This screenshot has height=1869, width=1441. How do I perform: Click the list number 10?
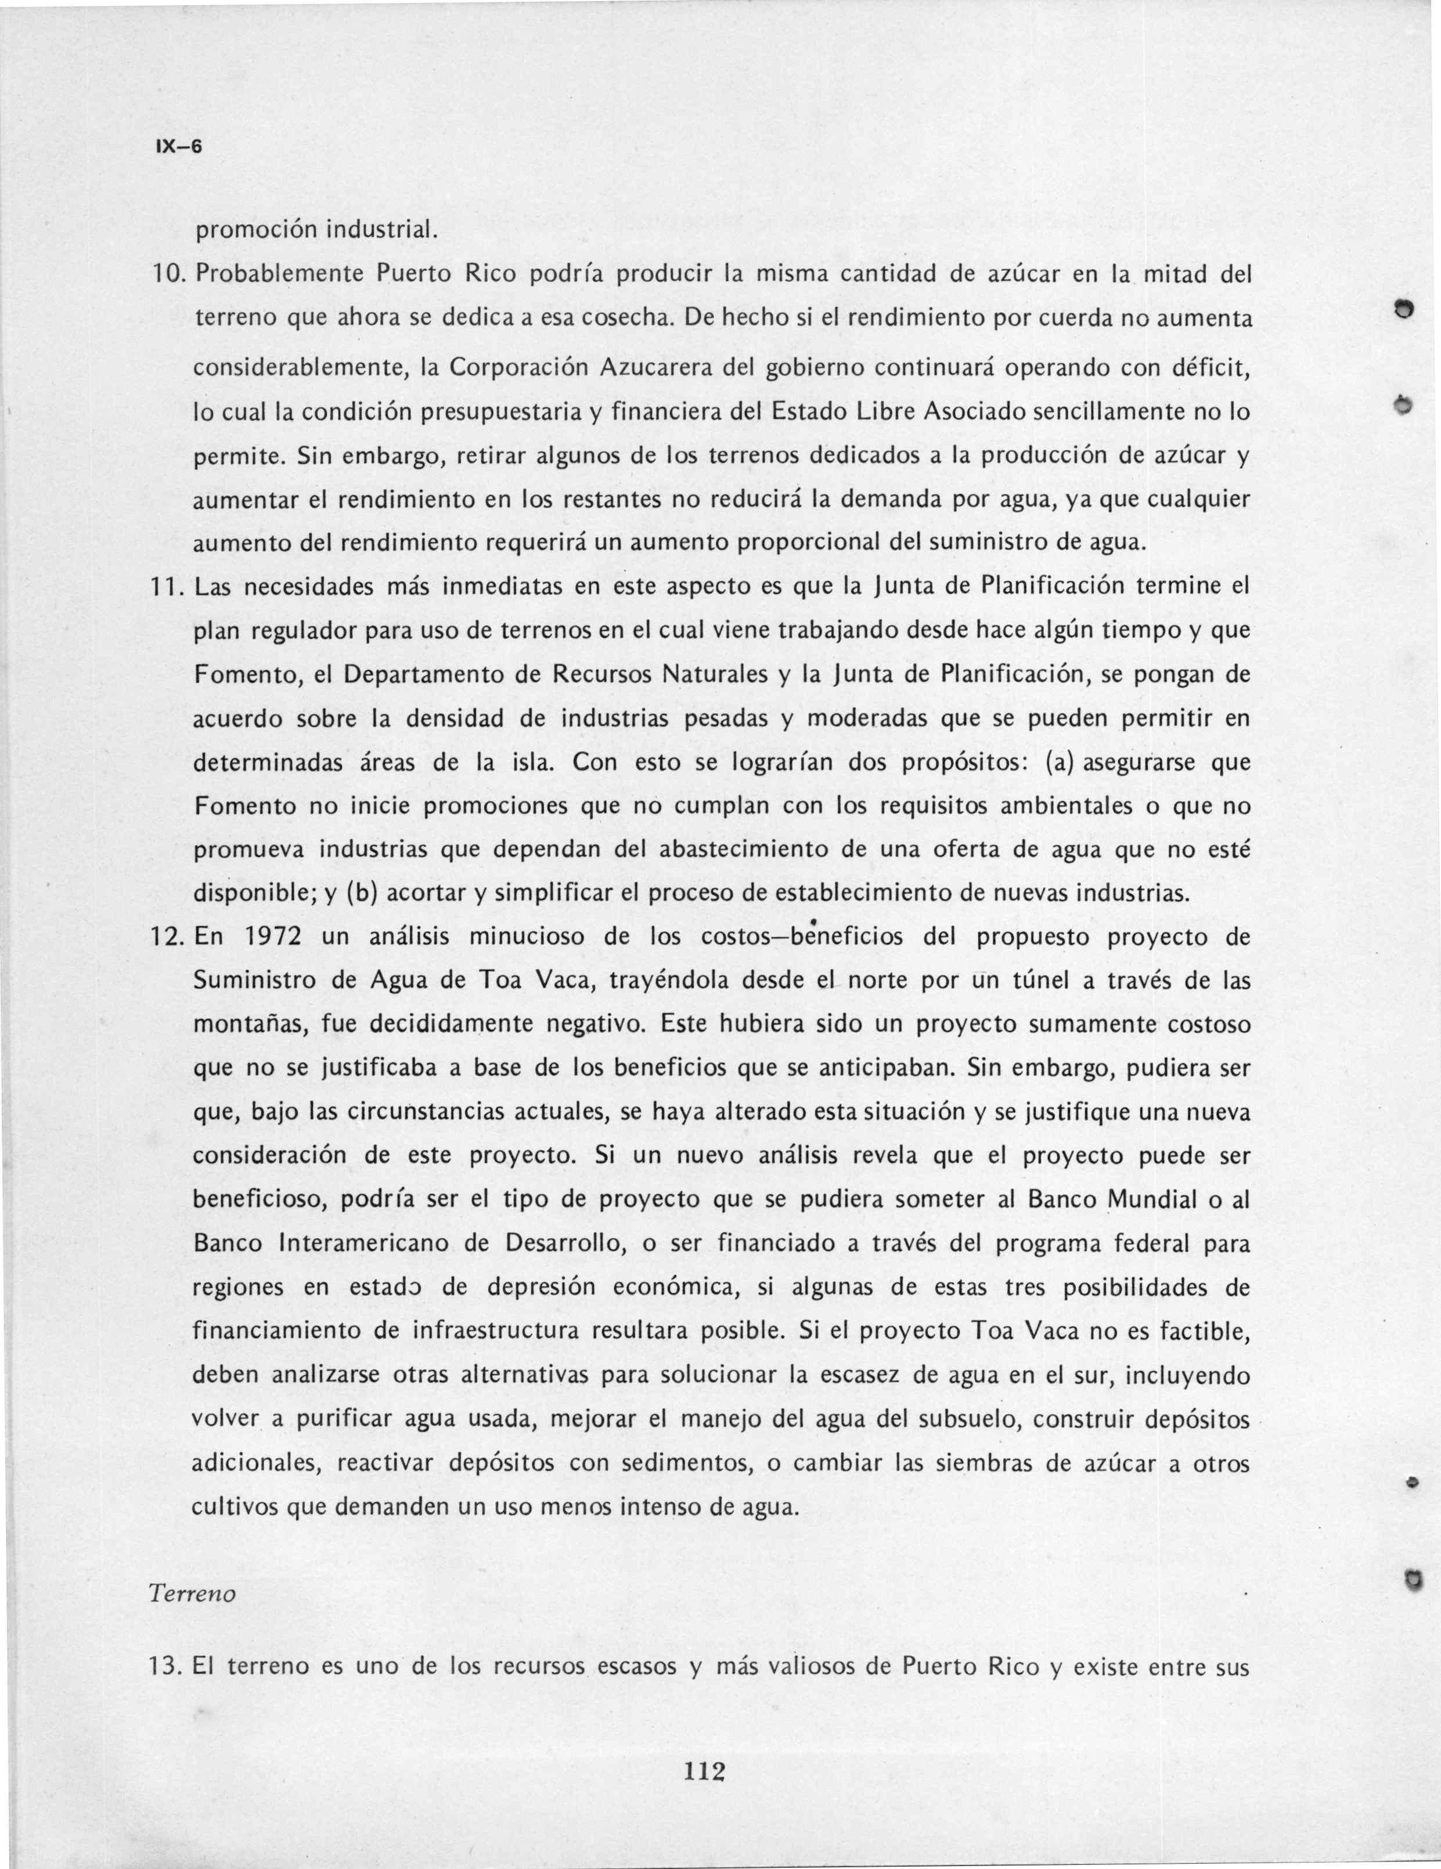167,276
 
